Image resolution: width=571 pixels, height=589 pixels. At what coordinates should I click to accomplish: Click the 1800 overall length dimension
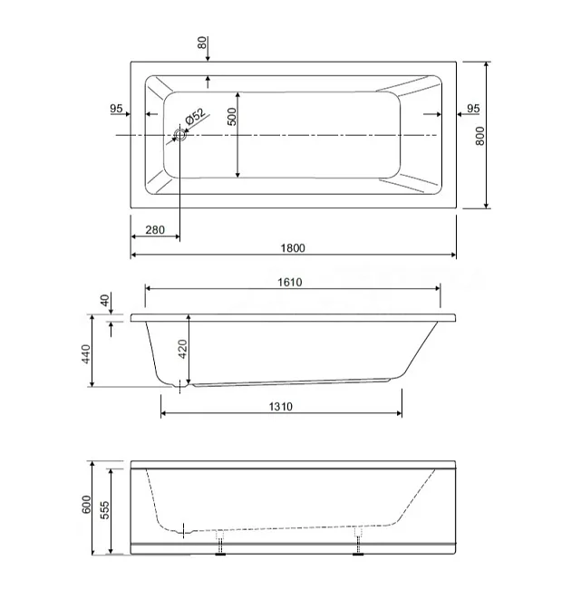click(x=293, y=248)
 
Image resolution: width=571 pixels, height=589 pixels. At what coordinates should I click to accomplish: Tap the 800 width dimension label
click(x=480, y=136)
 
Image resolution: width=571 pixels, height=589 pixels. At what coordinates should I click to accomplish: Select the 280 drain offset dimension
click(x=155, y=230)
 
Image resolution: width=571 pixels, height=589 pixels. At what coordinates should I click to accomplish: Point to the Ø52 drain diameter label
click(x=196, y=117)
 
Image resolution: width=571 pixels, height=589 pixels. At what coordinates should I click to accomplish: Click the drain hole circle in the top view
click(x=180, y=134)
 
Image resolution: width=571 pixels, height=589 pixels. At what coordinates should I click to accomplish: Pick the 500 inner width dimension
click(x=233, y=117)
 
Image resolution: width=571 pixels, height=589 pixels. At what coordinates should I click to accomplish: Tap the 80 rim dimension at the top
click(x=202, y=43)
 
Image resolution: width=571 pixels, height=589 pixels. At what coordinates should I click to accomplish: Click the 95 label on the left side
click(x=116, y=109)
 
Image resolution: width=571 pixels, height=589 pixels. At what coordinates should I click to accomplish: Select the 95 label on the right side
click(x=473, y=109)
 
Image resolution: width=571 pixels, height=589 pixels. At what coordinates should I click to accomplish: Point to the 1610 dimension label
click(x=290, y=282)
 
